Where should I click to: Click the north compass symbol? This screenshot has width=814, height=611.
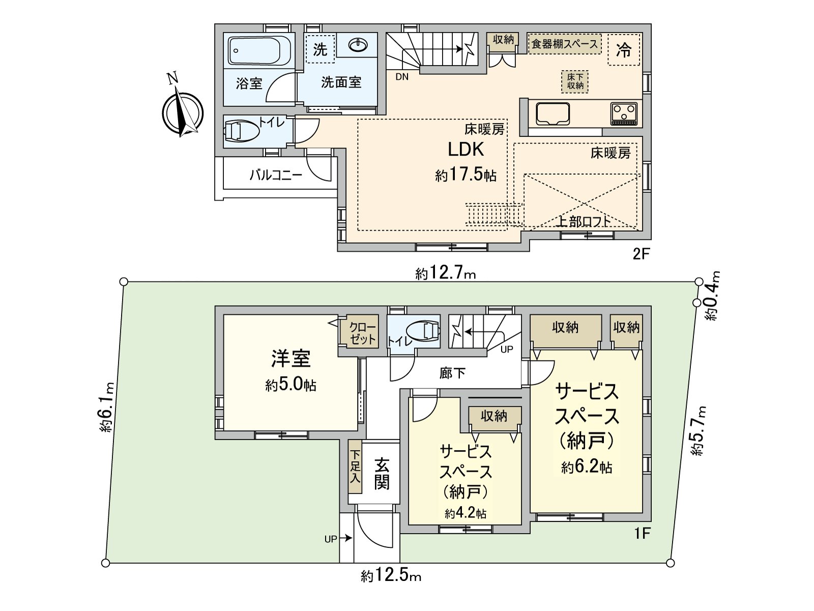click(182, 113)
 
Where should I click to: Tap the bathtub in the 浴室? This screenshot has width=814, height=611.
click(258, 50)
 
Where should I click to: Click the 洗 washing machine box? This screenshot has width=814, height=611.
click(320, 49)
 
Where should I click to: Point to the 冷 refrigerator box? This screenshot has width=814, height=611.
click(624, 50)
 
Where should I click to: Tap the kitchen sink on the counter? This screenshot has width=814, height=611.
click(552, 114)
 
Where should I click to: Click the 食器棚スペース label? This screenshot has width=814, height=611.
click(565, 44)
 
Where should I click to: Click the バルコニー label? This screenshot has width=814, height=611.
click(276, 176)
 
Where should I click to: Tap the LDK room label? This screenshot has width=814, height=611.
click(466, 150)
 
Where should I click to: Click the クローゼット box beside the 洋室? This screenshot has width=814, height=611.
click(363, 333)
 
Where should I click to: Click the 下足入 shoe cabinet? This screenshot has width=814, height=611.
click(355, 466)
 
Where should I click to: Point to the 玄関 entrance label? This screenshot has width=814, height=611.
click(382, 474)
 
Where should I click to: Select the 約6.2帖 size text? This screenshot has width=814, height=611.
click(587, 467)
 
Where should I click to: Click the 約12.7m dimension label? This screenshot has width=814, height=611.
click(446, 274)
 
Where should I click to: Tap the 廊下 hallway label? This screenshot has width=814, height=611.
click(452, 374)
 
